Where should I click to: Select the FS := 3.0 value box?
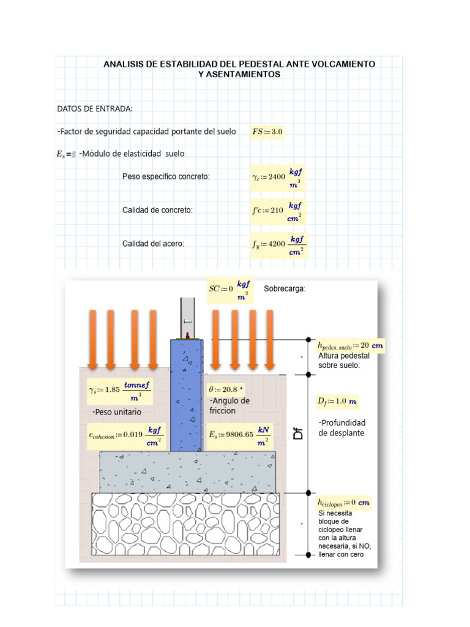pos(268,132)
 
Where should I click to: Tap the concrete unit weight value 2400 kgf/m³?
pos(277,176)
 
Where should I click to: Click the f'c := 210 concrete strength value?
pos(277,210)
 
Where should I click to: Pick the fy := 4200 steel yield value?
pos(279,244)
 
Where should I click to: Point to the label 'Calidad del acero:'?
pos(153,244)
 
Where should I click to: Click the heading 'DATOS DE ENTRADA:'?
pos(95,108)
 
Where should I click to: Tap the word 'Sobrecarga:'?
pos(284,288)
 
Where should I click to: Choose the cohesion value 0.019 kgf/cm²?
pos(125,435)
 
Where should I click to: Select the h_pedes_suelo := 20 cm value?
pos(350,345)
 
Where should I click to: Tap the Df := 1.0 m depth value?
pos(337,401)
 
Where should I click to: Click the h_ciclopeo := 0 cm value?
pos(343,503)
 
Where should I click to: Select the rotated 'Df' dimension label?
pos(298,434)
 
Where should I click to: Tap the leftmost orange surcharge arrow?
pos(92,340)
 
